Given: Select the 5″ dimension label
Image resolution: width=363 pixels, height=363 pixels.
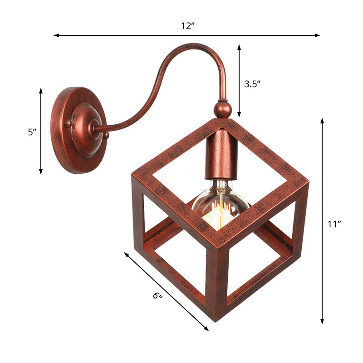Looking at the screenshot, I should pos(31,132).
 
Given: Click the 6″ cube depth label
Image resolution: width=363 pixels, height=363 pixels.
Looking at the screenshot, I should pos(157,296).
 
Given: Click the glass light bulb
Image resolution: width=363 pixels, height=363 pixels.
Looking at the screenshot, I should pos(220,204).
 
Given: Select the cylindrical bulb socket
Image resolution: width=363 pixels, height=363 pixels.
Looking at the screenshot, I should pos(221,154).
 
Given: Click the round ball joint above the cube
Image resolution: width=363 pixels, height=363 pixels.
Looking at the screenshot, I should pos(222,109).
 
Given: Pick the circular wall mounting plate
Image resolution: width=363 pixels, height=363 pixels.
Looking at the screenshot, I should pos(78,130).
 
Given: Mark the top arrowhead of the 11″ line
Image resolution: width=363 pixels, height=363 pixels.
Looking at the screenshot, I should pos(322,121).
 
